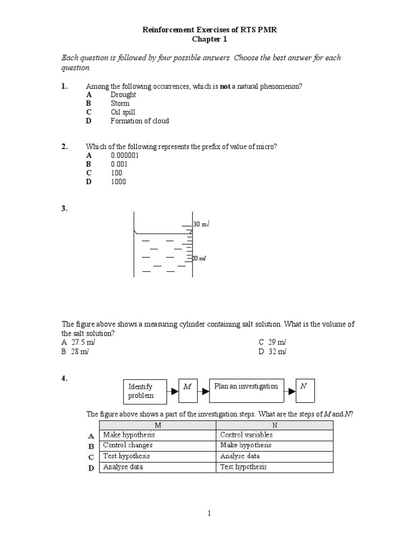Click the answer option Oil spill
tap(123, 112)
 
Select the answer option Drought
tap(123, 94)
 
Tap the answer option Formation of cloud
tap(140, 121)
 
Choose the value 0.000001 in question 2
tap(125, 156)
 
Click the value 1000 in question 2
tap(118, 182)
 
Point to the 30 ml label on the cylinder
tap(201, 224)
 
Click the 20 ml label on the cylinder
tap(199, 258)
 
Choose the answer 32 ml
tap(272, 352)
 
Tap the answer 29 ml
tap(272, 342)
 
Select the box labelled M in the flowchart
tap(188, 387)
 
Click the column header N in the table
tap(274, 425)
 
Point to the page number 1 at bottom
tap(209, 513)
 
